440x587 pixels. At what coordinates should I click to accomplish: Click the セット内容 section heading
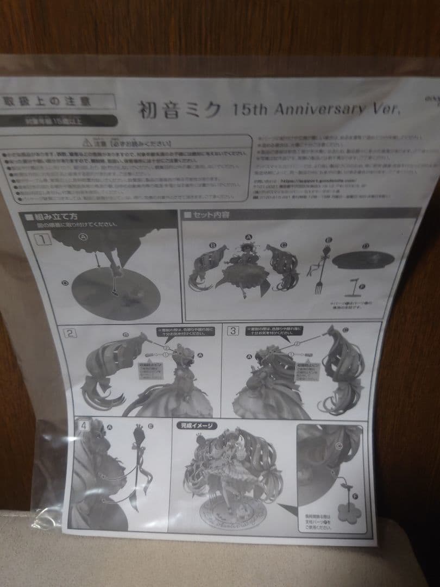click(209, 215)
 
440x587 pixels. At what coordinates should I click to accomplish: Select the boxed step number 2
click(71, 333)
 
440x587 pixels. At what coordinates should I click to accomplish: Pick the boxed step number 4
click(83, 426)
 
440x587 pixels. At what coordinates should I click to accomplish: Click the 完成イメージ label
click(197, 426)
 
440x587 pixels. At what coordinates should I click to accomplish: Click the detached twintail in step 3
click(342, 370)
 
